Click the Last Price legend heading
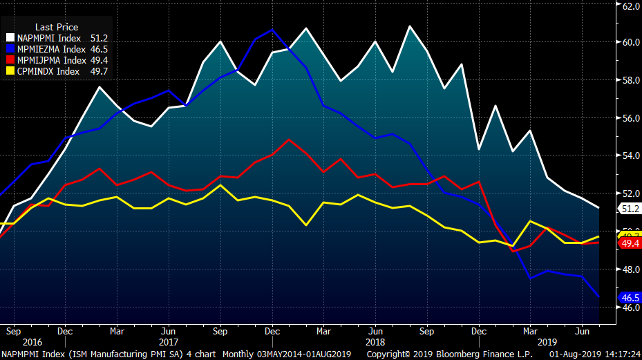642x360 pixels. [57, 27]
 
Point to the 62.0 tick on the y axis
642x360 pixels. [630, 6]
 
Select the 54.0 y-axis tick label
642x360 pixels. [630, 156]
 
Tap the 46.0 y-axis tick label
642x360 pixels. [630, 307]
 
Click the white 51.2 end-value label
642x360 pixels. [630, 208]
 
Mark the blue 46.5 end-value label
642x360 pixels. [630, 298]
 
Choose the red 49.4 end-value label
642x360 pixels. [630, 243]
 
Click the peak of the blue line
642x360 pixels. [272, 30]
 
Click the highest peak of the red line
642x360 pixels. [289, 140]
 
